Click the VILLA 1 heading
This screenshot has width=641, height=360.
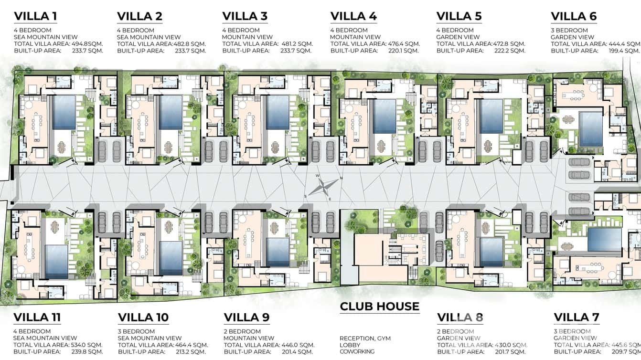click(x=35, y=16)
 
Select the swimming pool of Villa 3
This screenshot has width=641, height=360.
click(x=278, y=113)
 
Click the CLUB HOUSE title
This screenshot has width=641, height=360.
click(x=379, y=307)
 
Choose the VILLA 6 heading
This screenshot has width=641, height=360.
click(x=574, y=16)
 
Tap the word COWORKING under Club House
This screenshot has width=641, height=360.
click(x=357, y=351)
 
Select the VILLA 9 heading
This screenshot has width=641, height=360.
click(x=246, y=317)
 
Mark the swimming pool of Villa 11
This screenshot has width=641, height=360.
click(x=56, y=262)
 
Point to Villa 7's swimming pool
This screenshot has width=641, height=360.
click(x=604, y=239)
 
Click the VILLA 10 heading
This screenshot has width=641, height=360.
click(x=143, y=317)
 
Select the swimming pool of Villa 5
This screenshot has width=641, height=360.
click(x=491, y=116)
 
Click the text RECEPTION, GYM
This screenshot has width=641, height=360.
click(x=365, y=339)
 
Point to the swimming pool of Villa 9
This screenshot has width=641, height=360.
click(x=278, y=252)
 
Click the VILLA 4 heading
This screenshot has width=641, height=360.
click(x=353, y=16)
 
